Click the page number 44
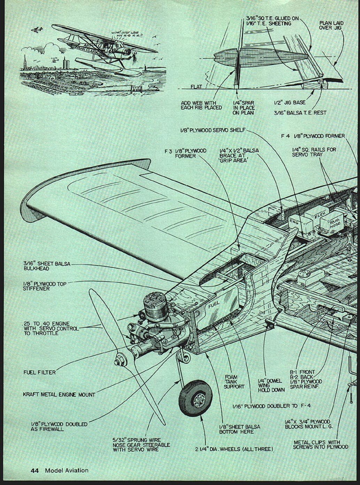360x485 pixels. pyautogui.click(x=35, y=470)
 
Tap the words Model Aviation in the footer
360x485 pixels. pyautogui.click(x=67, y=470)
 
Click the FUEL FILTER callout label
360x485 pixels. pyautogui.click(x=39, y=372)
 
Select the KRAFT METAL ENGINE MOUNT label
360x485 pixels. pyautogui.click(x=59, y=394)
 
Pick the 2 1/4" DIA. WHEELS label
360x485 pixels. pyautogui.click(x=234, y=449)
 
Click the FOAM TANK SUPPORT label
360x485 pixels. pyautogui.click(x=234, y=382)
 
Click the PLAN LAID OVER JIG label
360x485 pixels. pyautogui.click(x=331, y=25)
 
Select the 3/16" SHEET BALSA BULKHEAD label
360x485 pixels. pyautogui.click(x=47, y=266)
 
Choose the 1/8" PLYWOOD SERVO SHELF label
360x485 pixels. pyautogui.click(x=213, y=130)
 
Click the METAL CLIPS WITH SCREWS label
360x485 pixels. pyautogui.click(x=320, y=445)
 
